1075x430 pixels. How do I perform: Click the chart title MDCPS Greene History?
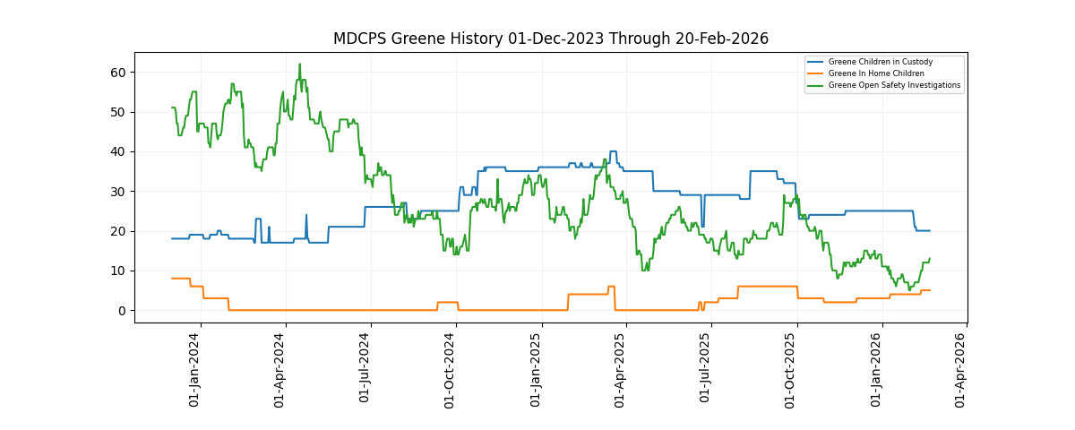pos(550,39)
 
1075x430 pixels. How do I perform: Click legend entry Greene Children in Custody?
pos(880,62)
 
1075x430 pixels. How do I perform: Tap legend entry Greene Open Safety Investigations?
pos(894,85)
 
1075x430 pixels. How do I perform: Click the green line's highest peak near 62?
pos(299,64)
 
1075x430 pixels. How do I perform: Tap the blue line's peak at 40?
pos(613,151)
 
